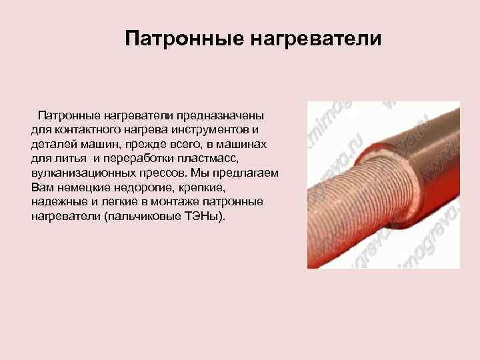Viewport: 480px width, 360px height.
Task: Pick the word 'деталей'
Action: [x=52, y=144]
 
